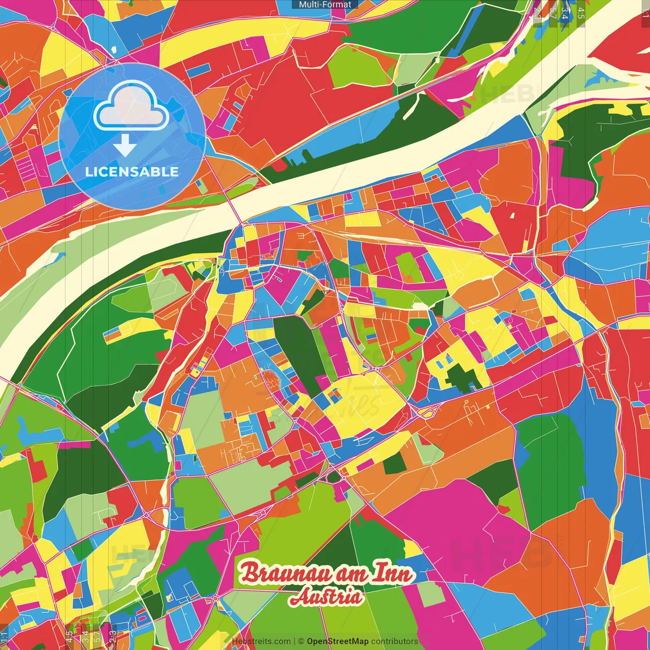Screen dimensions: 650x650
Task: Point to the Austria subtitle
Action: coord(326,597)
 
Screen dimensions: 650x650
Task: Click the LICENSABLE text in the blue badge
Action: coord(132,172)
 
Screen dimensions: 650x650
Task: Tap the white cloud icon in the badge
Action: coord(132,107)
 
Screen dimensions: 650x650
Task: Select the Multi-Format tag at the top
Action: coord(325,5)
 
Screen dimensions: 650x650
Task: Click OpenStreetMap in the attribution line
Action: coord(337,641)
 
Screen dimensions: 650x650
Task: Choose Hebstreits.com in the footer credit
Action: coord(261,641)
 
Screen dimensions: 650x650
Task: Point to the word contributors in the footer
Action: coord(395,641)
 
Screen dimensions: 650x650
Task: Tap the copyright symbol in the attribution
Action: coord(301,641)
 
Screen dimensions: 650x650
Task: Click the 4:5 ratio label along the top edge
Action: coord(580,13)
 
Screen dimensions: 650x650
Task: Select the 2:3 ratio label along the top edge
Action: coord(538,13)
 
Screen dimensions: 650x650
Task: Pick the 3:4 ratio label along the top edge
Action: coord(565,13)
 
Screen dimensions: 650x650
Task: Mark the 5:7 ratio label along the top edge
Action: coord(552,13)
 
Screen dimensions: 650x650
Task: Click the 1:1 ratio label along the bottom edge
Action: coord(5,637)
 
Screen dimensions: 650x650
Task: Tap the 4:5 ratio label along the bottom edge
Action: coord(69,637)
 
